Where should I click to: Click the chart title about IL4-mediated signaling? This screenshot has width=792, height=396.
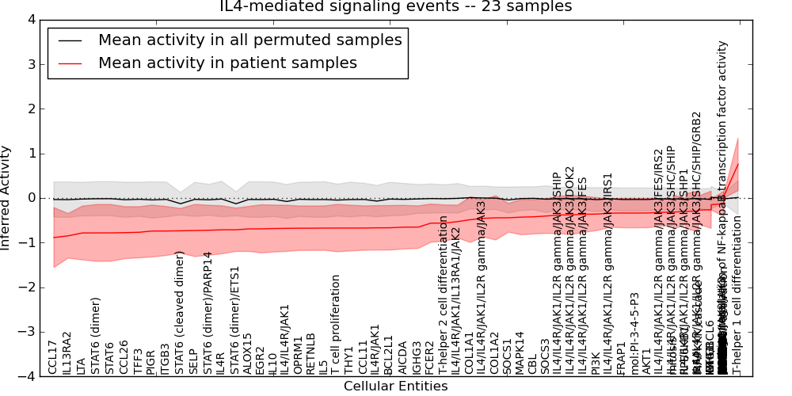click(395, 7)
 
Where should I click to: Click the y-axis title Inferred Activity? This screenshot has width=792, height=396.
click(6, 197)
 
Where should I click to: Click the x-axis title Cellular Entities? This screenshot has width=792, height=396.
click(395, 386)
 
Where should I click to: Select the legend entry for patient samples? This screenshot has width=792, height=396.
click(227, 63)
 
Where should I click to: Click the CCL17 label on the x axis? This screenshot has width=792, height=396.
click(53, 356)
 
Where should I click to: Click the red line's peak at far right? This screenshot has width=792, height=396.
click(738, 163)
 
